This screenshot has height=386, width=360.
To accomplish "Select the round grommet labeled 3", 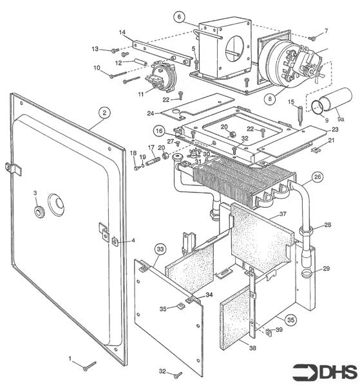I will (40, 210).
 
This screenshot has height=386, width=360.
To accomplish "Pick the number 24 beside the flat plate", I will (151, 113).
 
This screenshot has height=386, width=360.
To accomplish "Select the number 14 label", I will (122, 32).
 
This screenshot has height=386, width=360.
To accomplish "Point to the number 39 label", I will (279, 329).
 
